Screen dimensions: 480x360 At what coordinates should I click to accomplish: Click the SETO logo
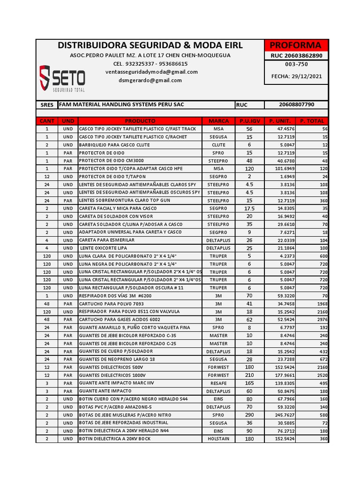[62, 78]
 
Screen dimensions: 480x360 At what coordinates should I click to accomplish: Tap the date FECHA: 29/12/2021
[296, 76]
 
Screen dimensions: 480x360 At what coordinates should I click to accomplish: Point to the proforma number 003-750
[296, 64]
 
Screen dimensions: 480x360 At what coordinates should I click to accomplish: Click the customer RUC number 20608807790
[296, 105]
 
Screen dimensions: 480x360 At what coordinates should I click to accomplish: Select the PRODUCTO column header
[140, 121]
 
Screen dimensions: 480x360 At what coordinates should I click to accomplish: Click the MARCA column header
[218, 121]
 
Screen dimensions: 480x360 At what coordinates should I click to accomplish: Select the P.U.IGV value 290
[249, 415]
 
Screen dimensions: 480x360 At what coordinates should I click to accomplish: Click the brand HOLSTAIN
[218, 439]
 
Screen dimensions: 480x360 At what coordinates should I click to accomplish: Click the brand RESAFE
[218, 383]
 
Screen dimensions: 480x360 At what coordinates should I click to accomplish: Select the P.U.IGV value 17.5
[249, 208]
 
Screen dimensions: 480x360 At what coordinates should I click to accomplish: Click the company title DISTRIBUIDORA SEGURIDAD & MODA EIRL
[150, 45]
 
